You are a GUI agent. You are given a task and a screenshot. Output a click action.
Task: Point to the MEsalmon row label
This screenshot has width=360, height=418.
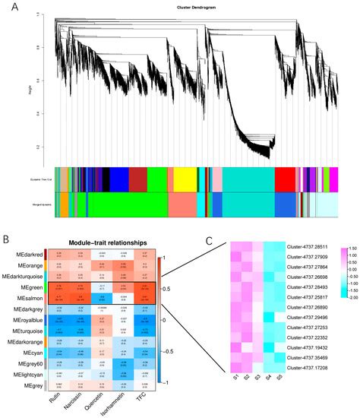27,299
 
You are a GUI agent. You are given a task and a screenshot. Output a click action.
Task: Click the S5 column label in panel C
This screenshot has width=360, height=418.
279,378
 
